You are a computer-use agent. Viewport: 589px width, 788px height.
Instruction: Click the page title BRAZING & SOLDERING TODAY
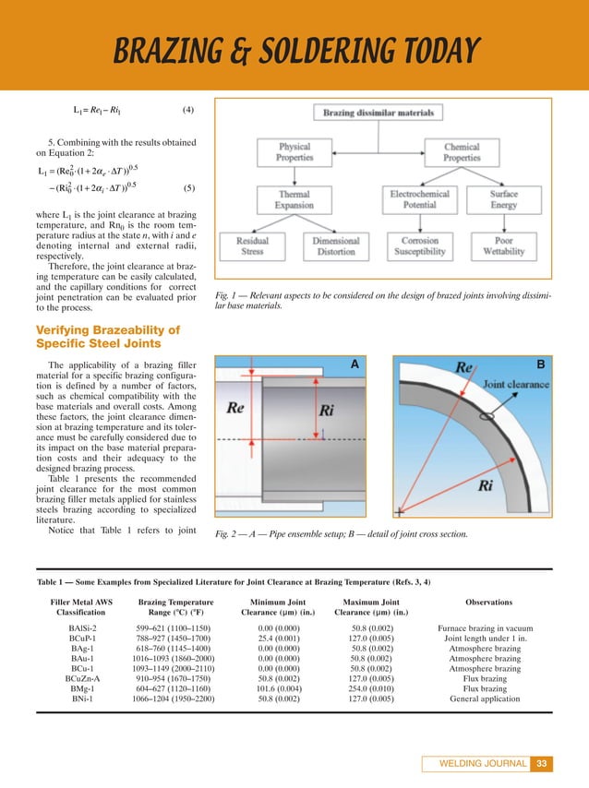click(x=294, y=51)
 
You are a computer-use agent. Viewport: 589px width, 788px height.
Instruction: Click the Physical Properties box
click(x=295, y=152)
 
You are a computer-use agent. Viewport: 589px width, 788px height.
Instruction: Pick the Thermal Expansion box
click(x=295, y=200)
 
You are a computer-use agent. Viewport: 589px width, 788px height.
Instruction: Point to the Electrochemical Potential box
click(x=419, y=200)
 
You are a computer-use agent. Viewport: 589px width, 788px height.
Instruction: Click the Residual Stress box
click(x=253, y=245)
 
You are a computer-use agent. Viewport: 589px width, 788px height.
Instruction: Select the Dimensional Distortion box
click(x=336, y=245)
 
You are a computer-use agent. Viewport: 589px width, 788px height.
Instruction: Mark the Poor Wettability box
click(x=504, y=245)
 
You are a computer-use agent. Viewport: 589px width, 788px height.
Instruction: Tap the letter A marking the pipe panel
click(x=354, y=364)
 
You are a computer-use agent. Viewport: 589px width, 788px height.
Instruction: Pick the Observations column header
click(x=489, y=603)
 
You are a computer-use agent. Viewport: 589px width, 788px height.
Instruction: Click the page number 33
click(x=543, y=763)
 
